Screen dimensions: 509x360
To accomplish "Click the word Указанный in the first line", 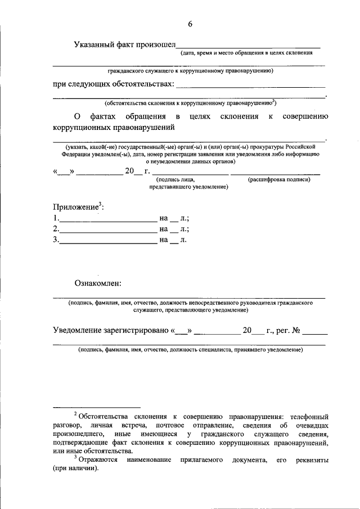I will (97, 45).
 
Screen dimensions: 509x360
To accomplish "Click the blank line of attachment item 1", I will (108, 218).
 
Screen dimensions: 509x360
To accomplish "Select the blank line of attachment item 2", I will (108, 229).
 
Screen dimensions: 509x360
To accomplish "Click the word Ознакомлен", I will (98, 283).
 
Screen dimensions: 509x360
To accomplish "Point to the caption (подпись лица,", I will (175, 179).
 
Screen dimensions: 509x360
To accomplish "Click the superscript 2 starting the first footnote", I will (75, 415).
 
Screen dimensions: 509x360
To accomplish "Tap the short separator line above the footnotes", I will (96, 407).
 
